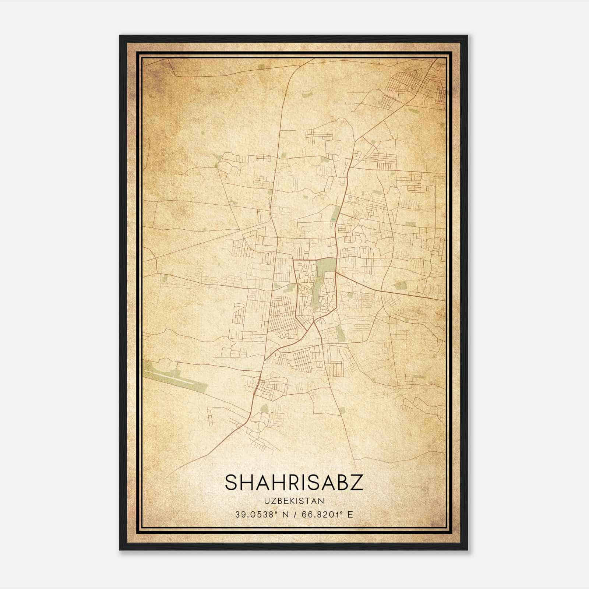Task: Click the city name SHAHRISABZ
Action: click(x=294, y=483)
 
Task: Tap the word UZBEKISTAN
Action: click(x=294, y=501)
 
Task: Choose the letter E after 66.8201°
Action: click(x=350, y=514)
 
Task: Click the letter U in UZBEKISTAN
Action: click(x=265, y=501)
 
